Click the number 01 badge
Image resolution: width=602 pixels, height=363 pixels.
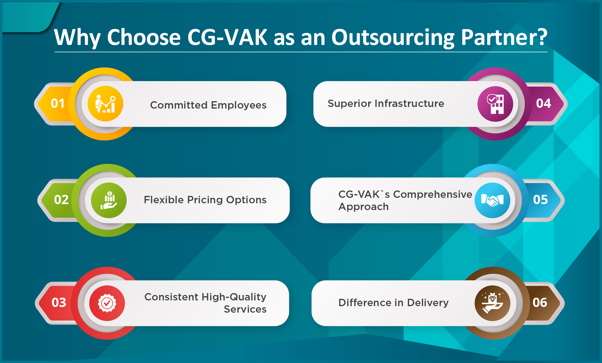tap(58, 103)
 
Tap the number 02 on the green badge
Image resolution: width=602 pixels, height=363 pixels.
tap(61, 200)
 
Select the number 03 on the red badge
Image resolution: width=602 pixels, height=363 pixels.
tap(59, 303)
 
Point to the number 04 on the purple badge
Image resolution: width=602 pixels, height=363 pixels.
tap(543, 103)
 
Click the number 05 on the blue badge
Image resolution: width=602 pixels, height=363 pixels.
tap(540, 200)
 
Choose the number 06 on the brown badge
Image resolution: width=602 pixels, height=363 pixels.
tap(540, 303)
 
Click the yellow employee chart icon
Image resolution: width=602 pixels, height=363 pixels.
tap(105, 104)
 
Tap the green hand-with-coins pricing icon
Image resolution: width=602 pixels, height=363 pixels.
tap(109, 200)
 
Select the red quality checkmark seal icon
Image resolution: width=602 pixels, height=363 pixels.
tap(107, 303)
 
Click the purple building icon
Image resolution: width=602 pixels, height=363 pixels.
tap(495, 104)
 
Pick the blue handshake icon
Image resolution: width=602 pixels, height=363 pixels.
tap(492, 200)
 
